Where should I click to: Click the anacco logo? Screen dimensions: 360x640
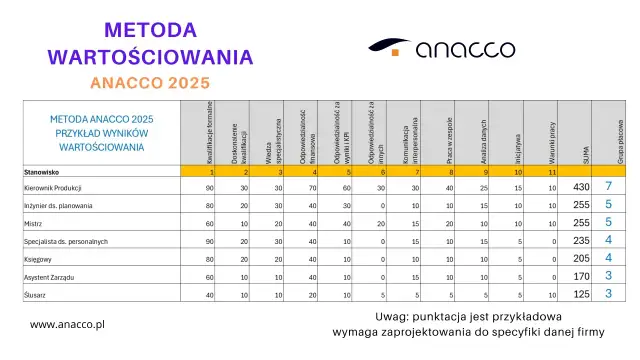pos(442,48)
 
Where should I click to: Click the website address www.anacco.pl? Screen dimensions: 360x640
pos(69,324)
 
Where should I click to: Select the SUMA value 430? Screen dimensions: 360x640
pos(580,187)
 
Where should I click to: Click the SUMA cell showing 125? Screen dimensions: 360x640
pos(580,294)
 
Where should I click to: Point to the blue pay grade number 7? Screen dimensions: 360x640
pos(608,187)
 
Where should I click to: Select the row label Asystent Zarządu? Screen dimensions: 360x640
pos(51,277)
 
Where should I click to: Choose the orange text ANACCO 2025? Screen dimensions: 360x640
pos(150,80)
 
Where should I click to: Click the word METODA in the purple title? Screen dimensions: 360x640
pos(150,25)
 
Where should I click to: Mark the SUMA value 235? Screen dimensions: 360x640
pos(580,241)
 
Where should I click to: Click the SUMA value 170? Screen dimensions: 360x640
pos(580,277)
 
